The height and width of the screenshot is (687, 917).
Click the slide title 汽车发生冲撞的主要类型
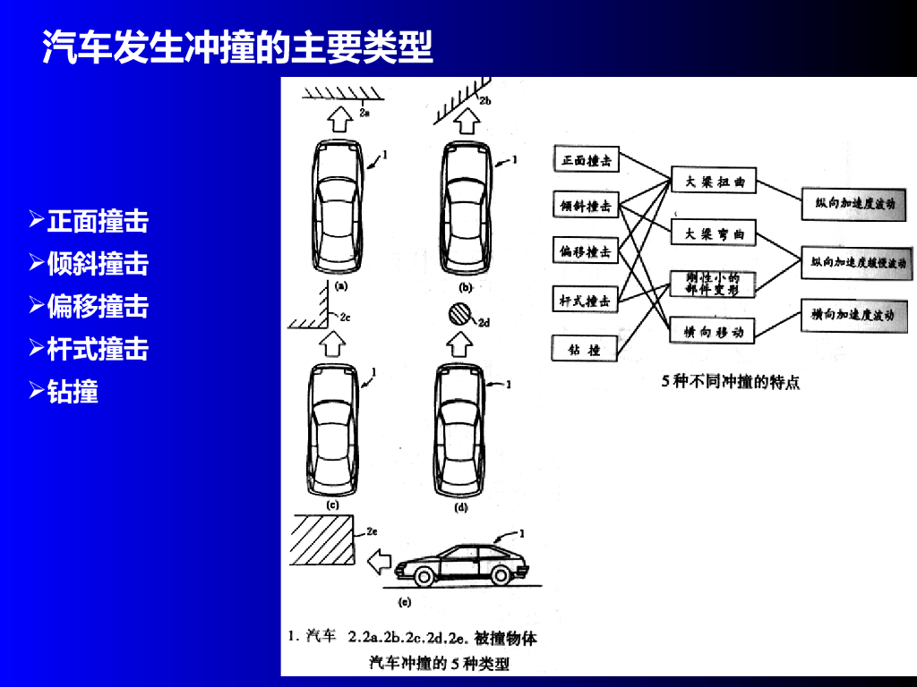[x=238, y=47]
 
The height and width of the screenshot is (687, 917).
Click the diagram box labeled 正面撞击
[x=587, y=161]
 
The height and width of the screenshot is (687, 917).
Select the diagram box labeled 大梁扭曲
[x=714, y=182]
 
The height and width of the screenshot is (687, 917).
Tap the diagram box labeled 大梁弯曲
[x=714, y=234]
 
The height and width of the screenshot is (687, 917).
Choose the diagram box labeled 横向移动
[x=714, y=332]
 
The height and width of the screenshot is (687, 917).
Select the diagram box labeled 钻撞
[x=587, y=349]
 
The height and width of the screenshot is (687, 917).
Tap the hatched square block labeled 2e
[x=322, y=539]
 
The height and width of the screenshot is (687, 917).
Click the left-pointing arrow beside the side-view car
[x=381, y=562]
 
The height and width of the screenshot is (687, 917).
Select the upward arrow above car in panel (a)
[x=339, y=119]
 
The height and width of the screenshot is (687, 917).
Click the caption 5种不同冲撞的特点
[x=730, y=382]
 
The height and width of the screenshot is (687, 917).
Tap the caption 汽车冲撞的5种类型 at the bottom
[x=439, y=664]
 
